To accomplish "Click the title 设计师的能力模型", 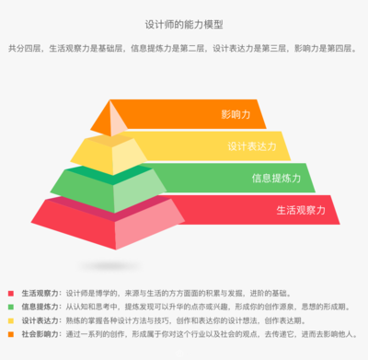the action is point(184,25).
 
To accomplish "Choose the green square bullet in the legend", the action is point(10,306).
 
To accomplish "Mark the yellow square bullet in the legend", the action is point(10,319).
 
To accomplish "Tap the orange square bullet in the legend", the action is point(10,332).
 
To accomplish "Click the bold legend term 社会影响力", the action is point(40,332).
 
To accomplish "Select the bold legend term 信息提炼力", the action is point(40,306).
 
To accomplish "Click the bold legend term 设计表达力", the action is point(40,319).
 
